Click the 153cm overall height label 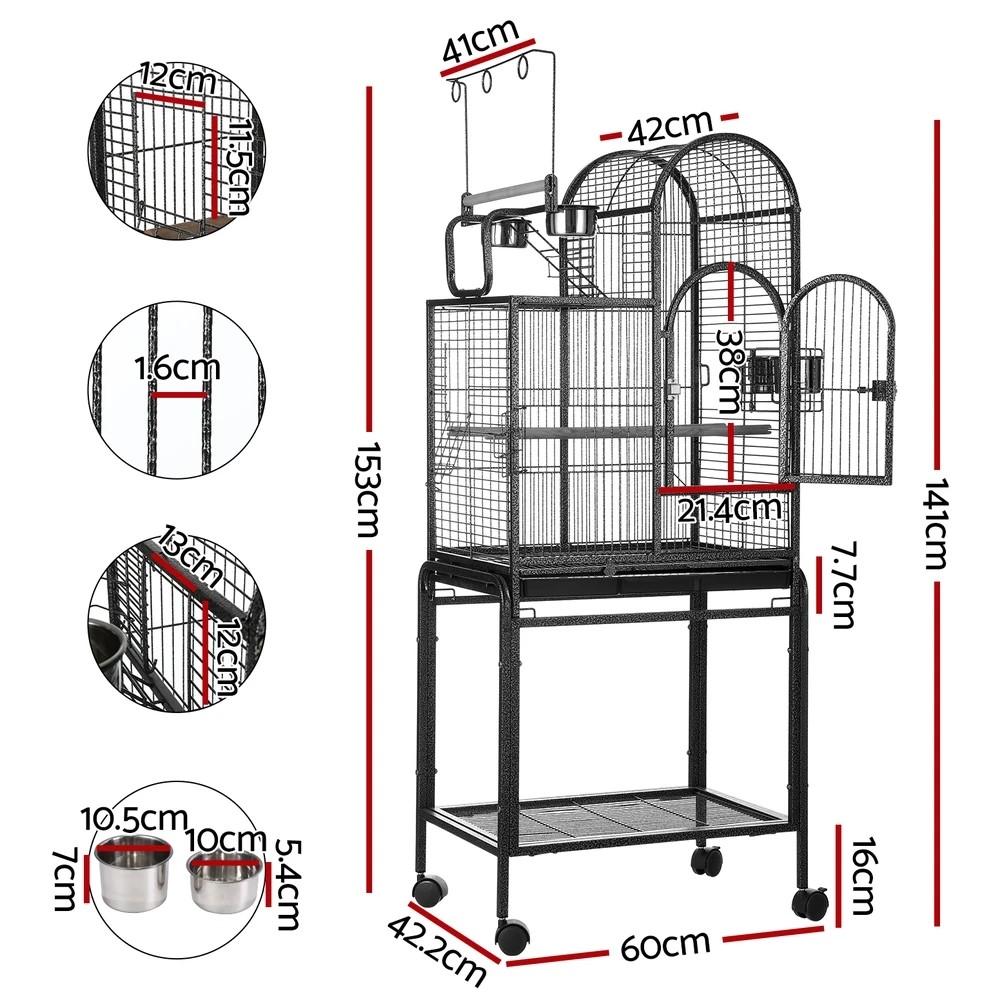368,490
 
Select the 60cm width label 665,943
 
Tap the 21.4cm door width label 728,510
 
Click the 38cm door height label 728,371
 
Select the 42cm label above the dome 669,127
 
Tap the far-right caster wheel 810,903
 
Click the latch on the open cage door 880,391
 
